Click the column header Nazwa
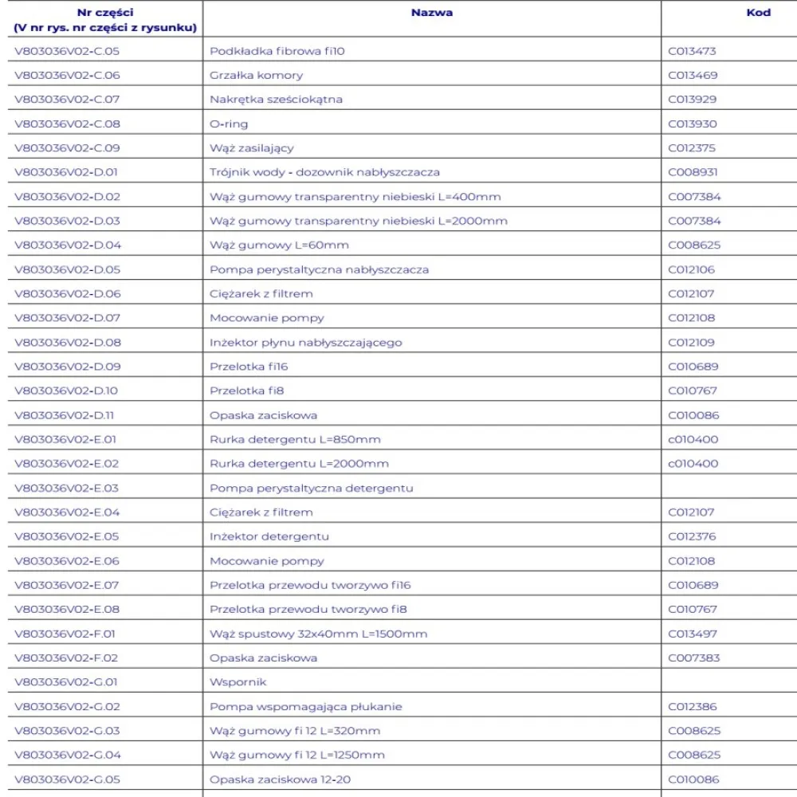(x=432, y=13)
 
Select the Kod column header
(x=759, y=13)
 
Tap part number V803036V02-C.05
(x=67, y=51)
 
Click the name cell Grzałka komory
(x=256, y=76)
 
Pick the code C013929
(x=692, y=100)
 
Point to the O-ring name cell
(x=229, y=124)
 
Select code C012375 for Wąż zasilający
(x=692, y=148)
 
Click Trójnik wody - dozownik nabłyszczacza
(x=324, y=172)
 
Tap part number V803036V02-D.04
(x=68, y=245)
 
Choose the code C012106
(x=691, y=269)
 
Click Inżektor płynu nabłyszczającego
(x=305, y=343)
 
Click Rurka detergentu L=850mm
(x=295, y=439)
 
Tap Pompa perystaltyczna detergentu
(x=311, y=488)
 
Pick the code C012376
(x=692, y=536)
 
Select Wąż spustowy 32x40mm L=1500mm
(x=318, y=634)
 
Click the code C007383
(x=692, y=658)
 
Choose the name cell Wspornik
(x=238, y=682)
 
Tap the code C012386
(x=692, y=706)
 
